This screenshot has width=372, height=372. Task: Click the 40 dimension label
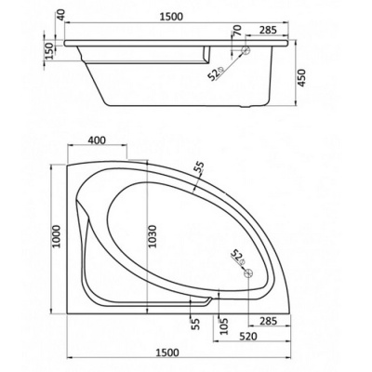60,16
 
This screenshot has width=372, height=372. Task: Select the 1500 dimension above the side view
171,17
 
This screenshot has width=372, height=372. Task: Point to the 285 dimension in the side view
268,30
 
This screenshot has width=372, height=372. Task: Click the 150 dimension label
49,50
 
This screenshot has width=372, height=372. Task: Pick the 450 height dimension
301,78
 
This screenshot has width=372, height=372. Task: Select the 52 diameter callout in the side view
216,73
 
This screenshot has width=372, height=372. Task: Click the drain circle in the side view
246,50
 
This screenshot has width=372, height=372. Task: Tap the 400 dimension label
97,140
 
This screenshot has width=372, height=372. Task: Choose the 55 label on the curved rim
200,167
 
